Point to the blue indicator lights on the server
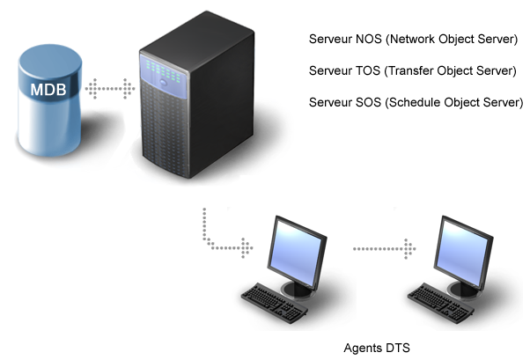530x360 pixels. [166, 68]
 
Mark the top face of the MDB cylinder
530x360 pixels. [51, 61]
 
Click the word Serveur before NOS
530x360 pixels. [331, 40]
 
